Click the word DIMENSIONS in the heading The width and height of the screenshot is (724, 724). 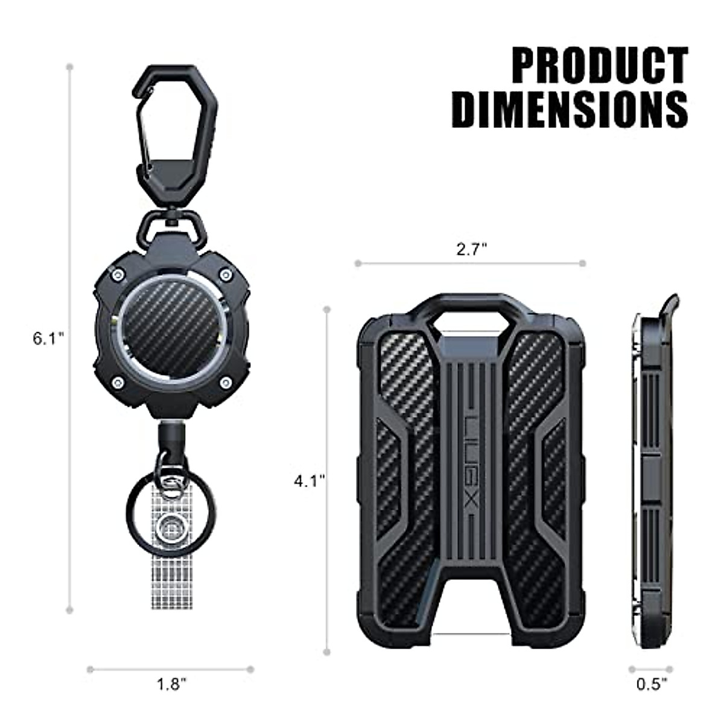tap(570, 109)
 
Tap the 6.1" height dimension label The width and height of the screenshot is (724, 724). tap(48, 338)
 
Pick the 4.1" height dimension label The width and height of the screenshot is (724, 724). tap(310, 481)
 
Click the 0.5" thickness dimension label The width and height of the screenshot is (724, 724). tap(652, 684)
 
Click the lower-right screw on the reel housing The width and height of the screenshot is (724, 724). tap(226, 382)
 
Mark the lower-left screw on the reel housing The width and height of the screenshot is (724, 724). tap(118, 381)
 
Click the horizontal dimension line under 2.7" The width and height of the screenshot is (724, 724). tap(470, 263)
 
